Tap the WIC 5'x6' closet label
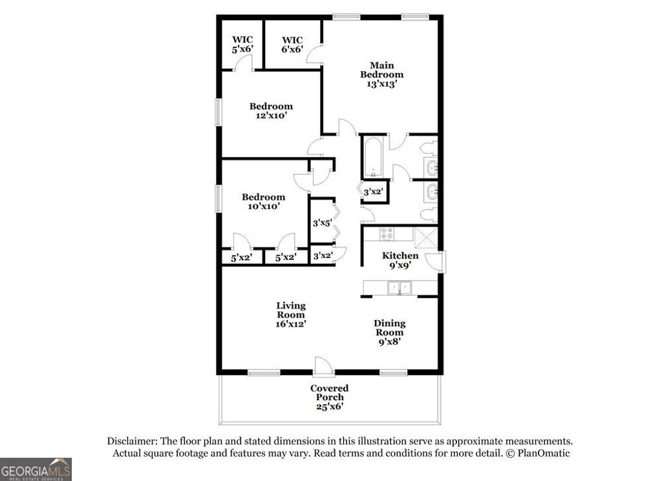point(242,44)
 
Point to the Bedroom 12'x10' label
point(271,111)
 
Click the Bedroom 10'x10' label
point(263,202)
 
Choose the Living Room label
point(291,314)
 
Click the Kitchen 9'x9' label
point(400,260)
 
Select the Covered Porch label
point(329,397)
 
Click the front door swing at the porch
point(323,366)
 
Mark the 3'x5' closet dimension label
point(322,224)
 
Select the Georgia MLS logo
point(36,469)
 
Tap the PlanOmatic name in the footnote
point(544,453)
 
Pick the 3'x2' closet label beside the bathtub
point(374,192)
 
